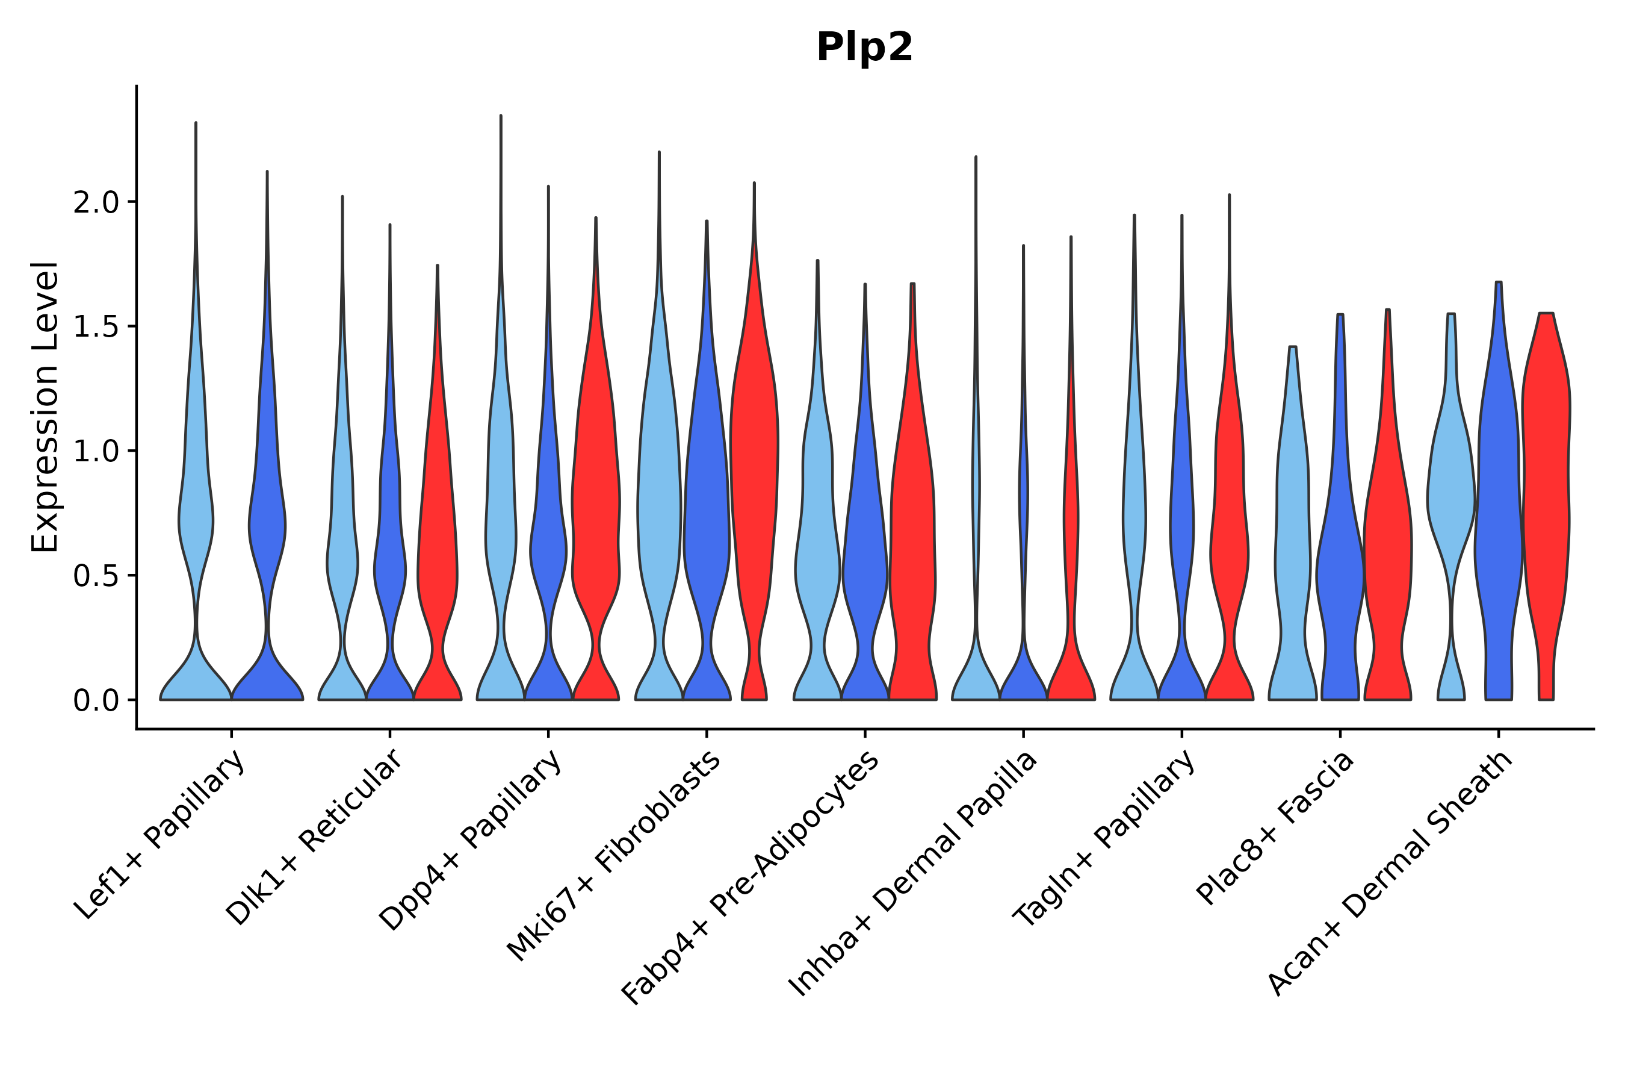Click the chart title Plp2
coord(864,48)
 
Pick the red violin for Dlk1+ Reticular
coord(438,553)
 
